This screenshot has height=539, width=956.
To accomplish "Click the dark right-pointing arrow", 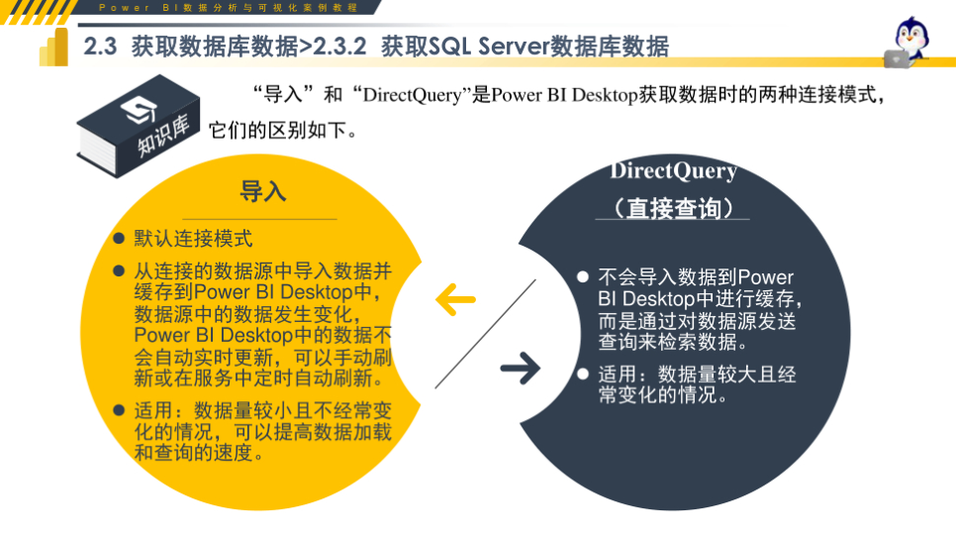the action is pos(520,370).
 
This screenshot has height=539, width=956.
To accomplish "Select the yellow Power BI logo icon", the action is pos(53,47).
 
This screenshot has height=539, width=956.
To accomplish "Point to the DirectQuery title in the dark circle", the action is pos(673,170).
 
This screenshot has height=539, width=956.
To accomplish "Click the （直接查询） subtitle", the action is pos(673,208).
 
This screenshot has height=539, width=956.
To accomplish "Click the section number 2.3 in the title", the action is pos(101,47).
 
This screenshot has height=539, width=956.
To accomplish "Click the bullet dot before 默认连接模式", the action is pos(118,239).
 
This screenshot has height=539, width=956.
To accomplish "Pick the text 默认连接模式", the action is pos(194,239).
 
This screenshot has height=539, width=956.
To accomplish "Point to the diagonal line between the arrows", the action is pos(485,334).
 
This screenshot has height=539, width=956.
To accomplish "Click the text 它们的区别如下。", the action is pos(283,131).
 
